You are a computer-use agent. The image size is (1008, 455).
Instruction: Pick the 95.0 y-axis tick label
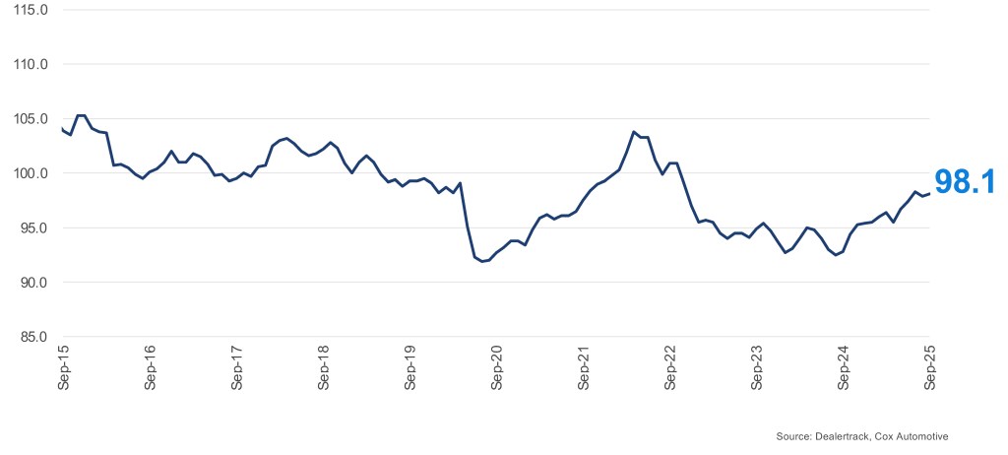pos(31,228)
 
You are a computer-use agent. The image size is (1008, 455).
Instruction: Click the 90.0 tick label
pos(31,283)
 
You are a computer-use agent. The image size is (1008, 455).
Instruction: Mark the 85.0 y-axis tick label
pos(31,338)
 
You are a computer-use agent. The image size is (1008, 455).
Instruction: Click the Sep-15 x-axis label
pos(64,368)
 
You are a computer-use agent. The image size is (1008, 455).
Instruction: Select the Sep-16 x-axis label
pos(151,368)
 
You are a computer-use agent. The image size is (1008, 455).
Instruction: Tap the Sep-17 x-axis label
pos(237,368)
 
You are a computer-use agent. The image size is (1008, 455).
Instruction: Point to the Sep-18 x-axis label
pos(324,368)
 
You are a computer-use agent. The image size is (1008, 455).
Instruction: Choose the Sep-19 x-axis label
pos(410,368)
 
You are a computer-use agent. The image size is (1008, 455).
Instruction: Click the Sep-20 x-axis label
pos(497,368)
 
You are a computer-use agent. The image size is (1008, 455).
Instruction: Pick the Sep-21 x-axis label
pos(584,368)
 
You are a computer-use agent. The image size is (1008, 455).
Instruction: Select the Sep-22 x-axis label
pos(670,368)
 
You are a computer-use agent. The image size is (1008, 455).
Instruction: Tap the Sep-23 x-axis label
pos(757,368)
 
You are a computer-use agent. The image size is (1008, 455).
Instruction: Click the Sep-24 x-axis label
pos(844,368)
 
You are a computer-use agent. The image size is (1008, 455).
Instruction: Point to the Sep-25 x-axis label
pos(930,368)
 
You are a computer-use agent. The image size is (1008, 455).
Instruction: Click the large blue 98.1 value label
pos(967,181)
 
